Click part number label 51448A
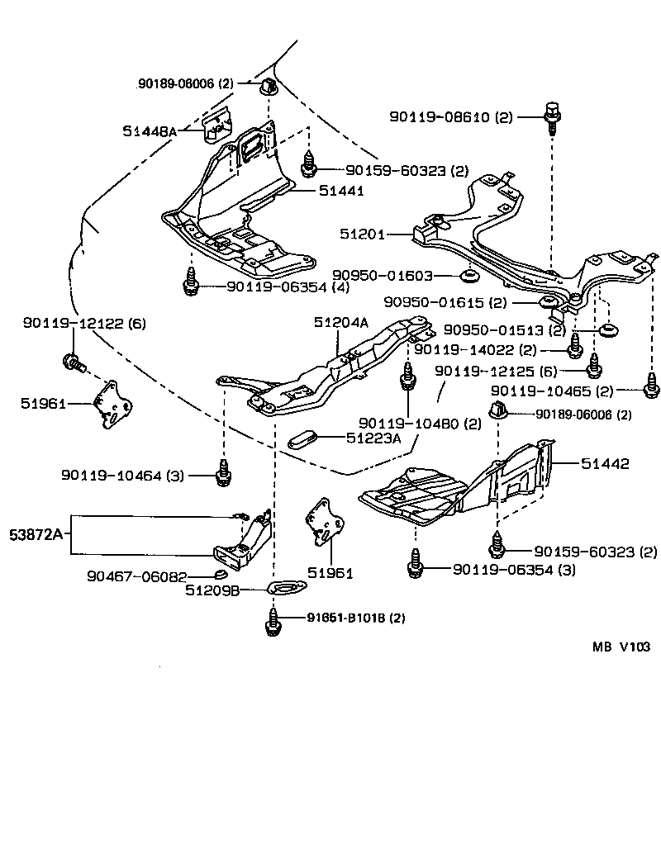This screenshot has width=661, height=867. click(x=150, y=131)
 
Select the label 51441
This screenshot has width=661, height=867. click(x=340, y=191)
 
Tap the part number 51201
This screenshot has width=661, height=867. click(x=363, y=235)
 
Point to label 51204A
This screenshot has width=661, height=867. click(x=340, y=323)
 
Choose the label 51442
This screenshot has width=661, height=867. click(x=605, y=464)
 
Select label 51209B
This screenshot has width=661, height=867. click(x=212, y=590)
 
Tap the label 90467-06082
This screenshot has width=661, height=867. click(x=137, y=576)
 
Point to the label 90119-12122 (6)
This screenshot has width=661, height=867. click(x=83, y=324)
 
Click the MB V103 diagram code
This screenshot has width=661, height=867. click(x=621, y=647)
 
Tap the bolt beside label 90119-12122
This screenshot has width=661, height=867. click(x=72, y=361)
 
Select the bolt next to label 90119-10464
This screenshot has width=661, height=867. click(x=222, y=473)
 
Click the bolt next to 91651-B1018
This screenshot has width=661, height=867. click(x=272, y=621)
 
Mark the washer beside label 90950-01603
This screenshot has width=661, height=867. click(x=468, y=274)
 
